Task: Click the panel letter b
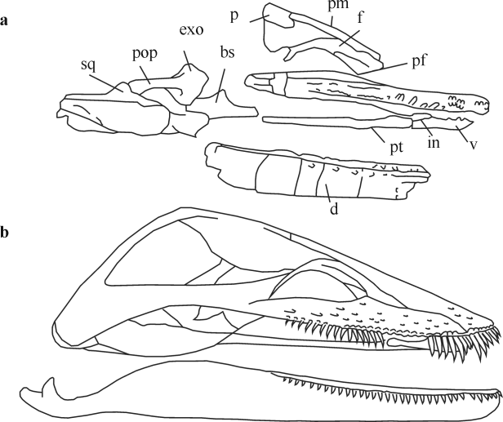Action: click(x=6, y=233)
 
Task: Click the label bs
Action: click(x=228, y=51)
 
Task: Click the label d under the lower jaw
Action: click(x=334, y=209)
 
